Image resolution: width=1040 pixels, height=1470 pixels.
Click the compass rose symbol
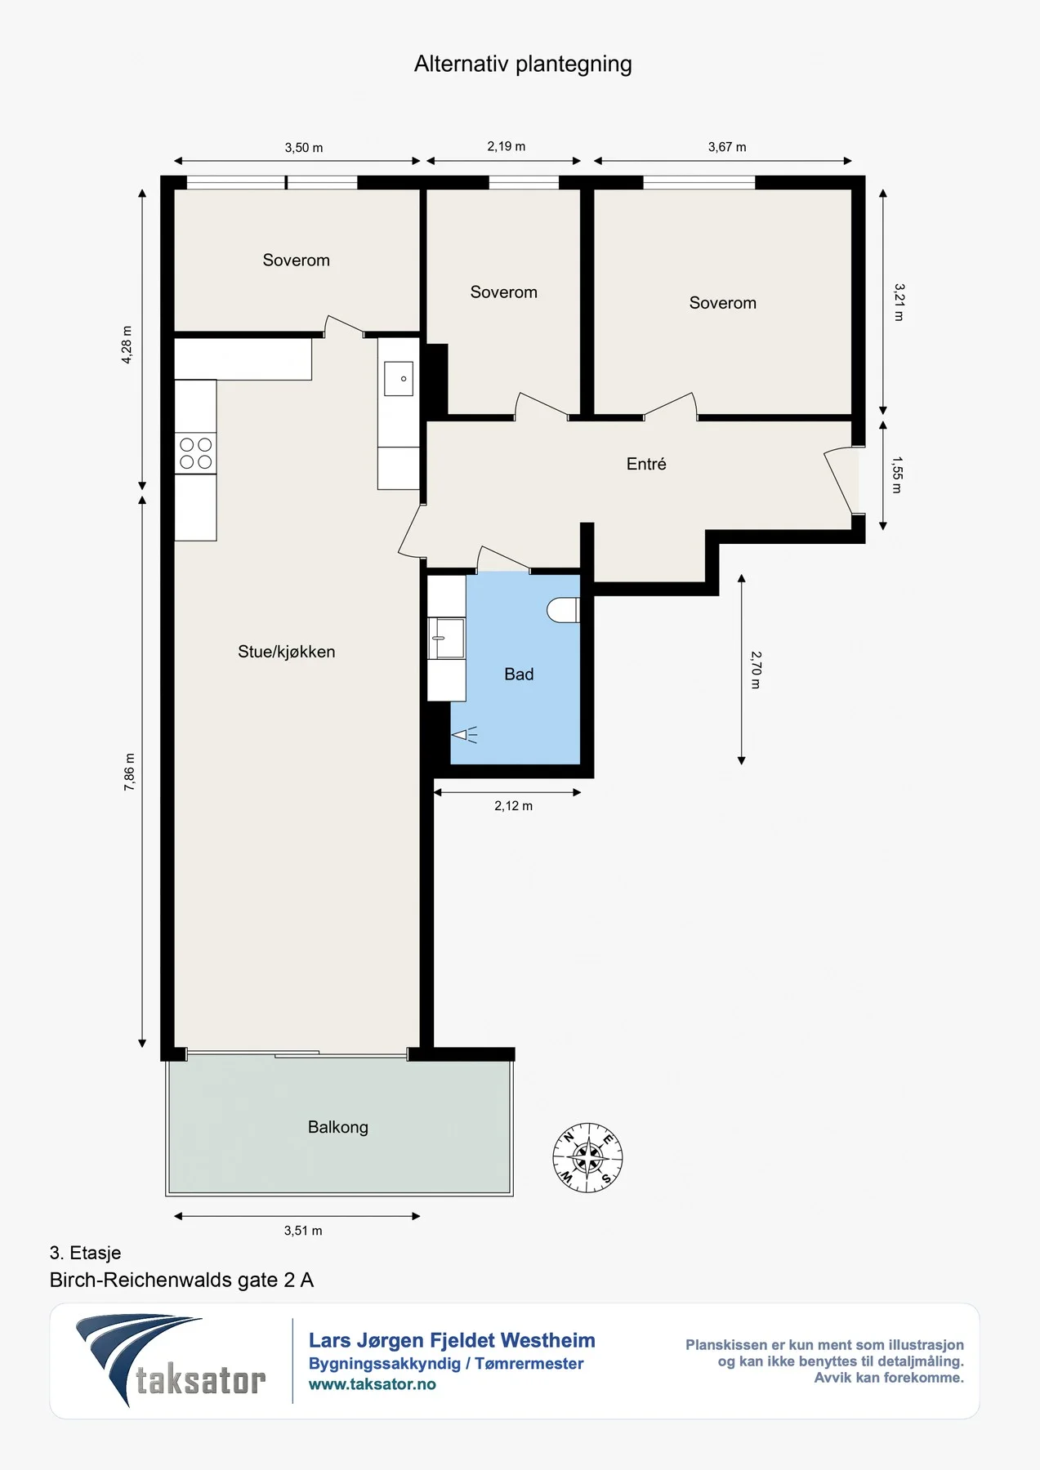[587, 1157]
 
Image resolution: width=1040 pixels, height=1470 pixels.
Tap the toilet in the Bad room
[564, 610]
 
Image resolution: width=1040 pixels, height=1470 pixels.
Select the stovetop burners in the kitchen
[196, 453]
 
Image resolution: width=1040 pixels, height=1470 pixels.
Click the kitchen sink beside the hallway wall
[399, 379]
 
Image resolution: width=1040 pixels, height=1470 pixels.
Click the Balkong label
[338, 1127]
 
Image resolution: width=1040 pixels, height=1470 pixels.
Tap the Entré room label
[646, 464]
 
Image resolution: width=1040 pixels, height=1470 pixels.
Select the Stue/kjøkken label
[287, 652]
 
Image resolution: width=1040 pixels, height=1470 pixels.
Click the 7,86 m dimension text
[130, 772]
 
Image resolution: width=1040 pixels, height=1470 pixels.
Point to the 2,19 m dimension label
[507, 146]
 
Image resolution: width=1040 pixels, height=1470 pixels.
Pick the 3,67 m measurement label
[727, 147]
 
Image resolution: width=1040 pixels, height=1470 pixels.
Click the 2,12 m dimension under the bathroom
[513, 806]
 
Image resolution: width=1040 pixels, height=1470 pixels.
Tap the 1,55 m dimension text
[897, 475]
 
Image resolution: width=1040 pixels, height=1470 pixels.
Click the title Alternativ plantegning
[523, 64]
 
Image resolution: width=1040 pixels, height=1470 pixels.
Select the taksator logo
[172, 1361]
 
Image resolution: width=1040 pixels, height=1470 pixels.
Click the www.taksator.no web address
[373, 1384]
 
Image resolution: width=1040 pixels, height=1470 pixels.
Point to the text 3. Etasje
[85, 1253]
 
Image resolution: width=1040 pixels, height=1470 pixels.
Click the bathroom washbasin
[446, 638]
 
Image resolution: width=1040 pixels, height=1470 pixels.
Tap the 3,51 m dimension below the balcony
[303, 1231]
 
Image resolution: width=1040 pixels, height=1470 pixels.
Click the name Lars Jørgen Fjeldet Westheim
[452, 1340]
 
